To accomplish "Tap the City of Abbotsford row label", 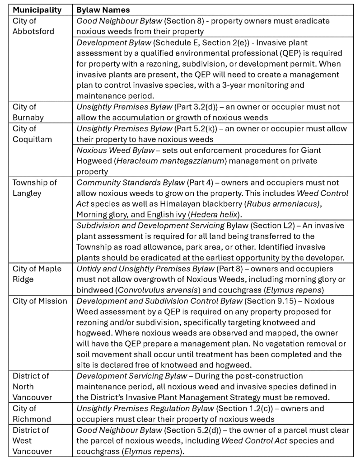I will tap(31, 26).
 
